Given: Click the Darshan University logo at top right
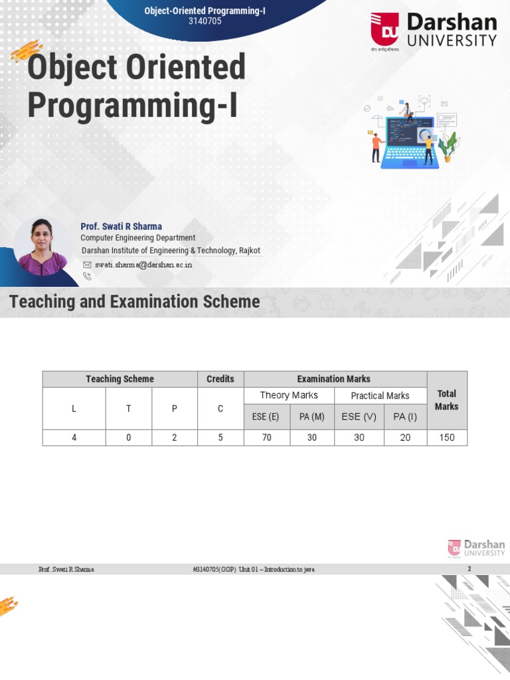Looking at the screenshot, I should coord(433,31).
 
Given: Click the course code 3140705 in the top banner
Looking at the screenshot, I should coord(205,21).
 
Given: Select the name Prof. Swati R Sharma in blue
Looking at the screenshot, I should coord(121,226).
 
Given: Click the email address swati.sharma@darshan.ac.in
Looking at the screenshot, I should coord(143,264).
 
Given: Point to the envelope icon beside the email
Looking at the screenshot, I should coord(87,264).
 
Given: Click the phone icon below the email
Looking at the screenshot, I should coord(87,276).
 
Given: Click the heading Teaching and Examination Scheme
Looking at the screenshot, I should coord(135,301).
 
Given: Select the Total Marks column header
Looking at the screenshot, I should coord(446,400).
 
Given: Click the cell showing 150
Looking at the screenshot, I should coord(446,438).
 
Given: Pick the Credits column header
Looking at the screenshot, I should coord(220,379).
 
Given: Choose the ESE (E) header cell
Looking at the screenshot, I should coord(266,416).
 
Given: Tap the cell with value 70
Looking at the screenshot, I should coord(266,438).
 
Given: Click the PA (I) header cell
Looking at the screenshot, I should coord(405,416).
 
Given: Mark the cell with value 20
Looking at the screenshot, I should coord(405,438).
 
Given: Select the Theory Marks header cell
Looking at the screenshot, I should coord(289,395).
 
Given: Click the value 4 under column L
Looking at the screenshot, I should coord(74,438).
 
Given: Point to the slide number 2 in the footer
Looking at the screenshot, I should coord(469,569).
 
